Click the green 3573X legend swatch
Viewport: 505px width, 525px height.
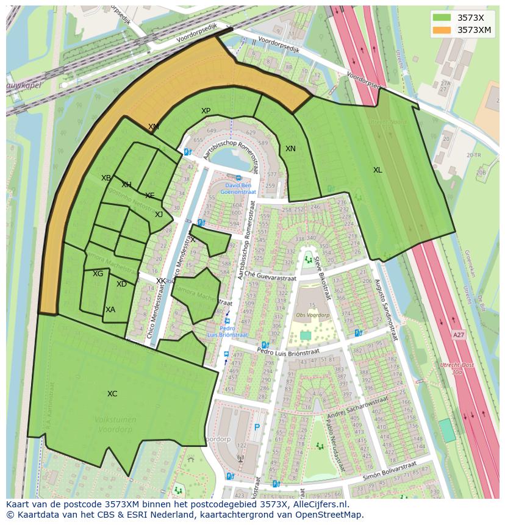click(442, 16)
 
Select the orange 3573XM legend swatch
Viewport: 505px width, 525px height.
click(442, 30)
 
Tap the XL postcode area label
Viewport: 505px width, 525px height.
click(378, 170)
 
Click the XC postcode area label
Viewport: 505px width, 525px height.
click(112, 394)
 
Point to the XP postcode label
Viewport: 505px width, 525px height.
click(206, 111)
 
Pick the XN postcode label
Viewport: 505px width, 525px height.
click(290, 149)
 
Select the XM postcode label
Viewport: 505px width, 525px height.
click(154, 127)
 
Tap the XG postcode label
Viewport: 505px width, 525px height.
click(98, 274)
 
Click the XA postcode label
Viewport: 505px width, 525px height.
click(110, 310)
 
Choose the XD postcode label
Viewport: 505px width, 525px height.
click(121, 284)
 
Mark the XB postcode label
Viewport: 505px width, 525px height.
click(106, 178)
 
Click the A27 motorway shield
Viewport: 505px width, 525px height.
click(458, 335)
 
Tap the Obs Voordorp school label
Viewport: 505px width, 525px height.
click(312, 315)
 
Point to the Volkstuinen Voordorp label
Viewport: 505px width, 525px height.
click(116, 424)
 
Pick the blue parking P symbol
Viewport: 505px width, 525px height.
click(257, 427)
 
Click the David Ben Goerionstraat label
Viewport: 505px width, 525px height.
click(238, 188)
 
